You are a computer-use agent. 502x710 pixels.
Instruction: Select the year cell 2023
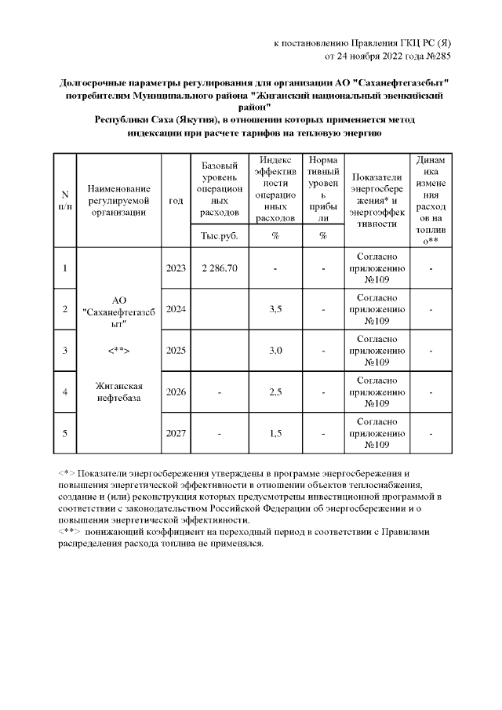[x=176, y=268]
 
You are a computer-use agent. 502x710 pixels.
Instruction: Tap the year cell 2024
[x=176, y=309]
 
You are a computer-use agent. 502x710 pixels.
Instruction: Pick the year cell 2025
[x=176, y=350]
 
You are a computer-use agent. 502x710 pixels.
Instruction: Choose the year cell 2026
[x=176, y=391]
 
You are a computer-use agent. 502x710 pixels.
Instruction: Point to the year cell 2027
[x=176, y=432]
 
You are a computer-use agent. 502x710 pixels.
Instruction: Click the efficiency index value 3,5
[x=275, y=309]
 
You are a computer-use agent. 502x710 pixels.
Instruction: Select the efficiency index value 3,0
[x=275, y=350]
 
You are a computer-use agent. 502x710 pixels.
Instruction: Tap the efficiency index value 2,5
[x=275, y=391]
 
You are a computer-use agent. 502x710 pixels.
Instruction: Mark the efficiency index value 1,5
[x=275, y=432]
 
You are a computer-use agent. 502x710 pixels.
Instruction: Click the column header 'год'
[x=176, y=201]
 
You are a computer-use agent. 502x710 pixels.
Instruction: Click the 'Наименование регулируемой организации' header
[x=118, y=201]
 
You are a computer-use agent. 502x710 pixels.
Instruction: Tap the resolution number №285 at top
[x=435, y=56]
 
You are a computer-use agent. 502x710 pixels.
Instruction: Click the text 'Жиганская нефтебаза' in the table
[x=118, y=391]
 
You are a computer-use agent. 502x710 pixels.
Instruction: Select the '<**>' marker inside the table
[x=118, y=350]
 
